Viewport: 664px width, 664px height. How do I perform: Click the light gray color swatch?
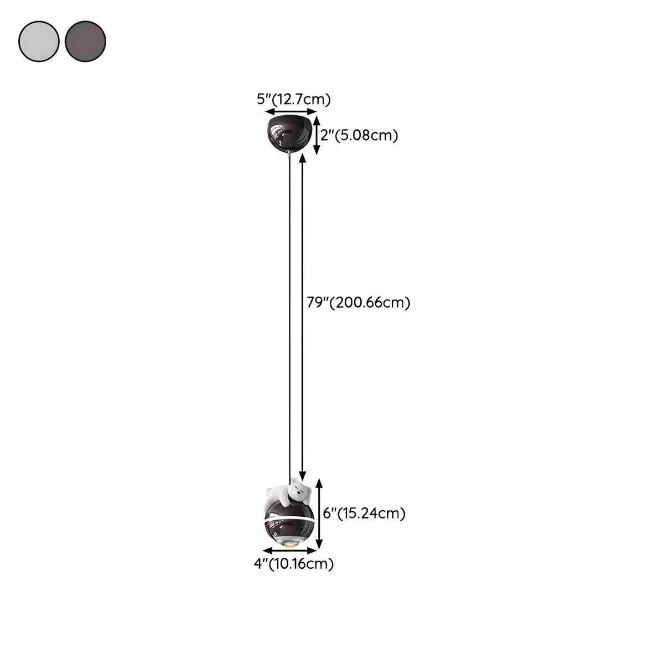[39, 41]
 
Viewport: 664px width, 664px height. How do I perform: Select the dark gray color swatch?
[85, 41]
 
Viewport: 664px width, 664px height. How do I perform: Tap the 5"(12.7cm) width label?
[293, 100]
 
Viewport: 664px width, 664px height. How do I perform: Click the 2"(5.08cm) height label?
[359, 135]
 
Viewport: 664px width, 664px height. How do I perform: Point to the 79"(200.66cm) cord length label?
[359, 303]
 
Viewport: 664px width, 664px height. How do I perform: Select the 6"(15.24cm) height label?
[365, 513]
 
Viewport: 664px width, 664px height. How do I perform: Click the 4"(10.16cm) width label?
[293, 564]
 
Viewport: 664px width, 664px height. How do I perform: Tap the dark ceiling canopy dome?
[288, 133]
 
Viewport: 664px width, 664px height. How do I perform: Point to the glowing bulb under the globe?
[289, 546]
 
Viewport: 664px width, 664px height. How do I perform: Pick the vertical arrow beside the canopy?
[316, 134]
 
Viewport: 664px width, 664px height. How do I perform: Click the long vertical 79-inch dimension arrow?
[302, 315]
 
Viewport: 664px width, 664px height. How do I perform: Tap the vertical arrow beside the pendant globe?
[319, 513]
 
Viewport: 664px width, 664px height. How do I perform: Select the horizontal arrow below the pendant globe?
[290, 550]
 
